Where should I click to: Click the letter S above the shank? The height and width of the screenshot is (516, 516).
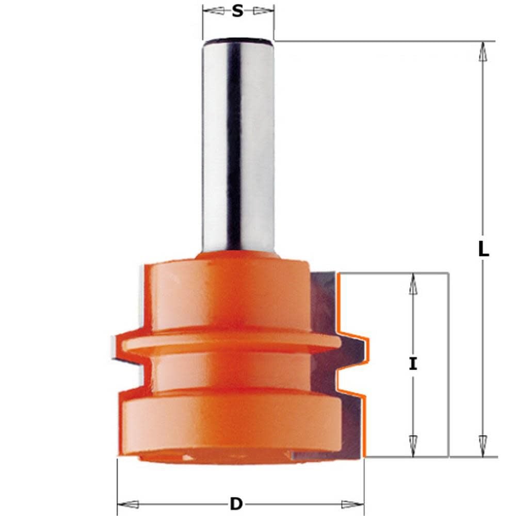pyautogui.click(x=237, y=11)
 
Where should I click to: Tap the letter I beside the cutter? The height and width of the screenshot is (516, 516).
pyautogui.click(x=413, y=364)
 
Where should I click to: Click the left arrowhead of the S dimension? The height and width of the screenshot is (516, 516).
pyautogui.click(x=211, y=11)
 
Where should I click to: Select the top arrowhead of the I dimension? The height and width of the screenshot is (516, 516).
pyautogui.click(x=413, y=283)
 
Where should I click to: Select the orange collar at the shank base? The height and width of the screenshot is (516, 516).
pyautogui.click(x=238, y=256)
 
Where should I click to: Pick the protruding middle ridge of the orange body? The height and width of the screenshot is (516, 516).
pyautogui.click(x=227, y=343)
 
